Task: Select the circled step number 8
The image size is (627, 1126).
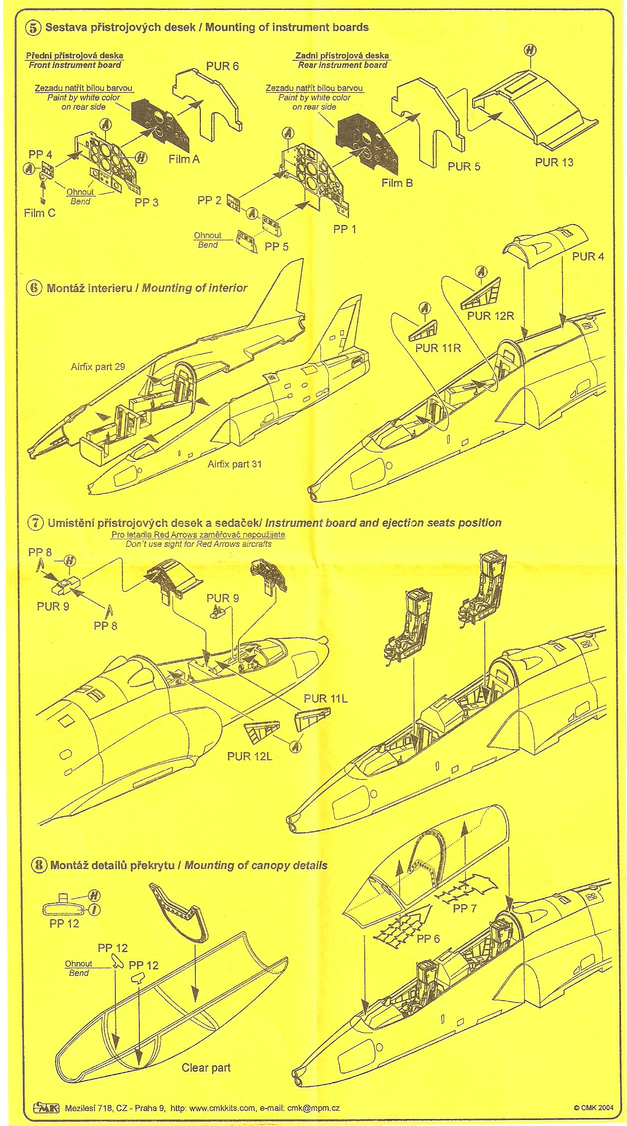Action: pyautogui.click(x=40, y=865)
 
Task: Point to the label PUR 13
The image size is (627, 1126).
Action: pyautogui.click(x=554, y=162)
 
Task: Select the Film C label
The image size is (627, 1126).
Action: pyautogui.click(x=39, y=213)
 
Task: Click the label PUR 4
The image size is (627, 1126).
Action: pyautogui.click(x=588, y=257)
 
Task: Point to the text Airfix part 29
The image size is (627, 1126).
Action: pyautogui.click(x=97, y=367)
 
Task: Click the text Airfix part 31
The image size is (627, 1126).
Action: pyautogui.click(x=234, y=464)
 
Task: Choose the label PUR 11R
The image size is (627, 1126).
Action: pyautogui.click(x=438, y=348)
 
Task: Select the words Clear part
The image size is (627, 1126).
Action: pyautogui.click(x=206, y=1068)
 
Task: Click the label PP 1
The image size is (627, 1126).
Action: pyautogui.click(x=344, y=230)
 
